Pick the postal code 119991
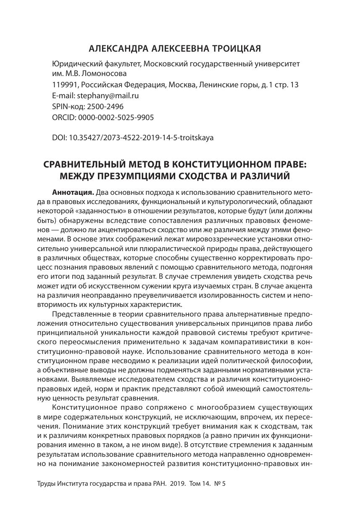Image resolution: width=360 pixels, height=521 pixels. (64, 85)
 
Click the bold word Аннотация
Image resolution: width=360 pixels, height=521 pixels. (73, 193)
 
